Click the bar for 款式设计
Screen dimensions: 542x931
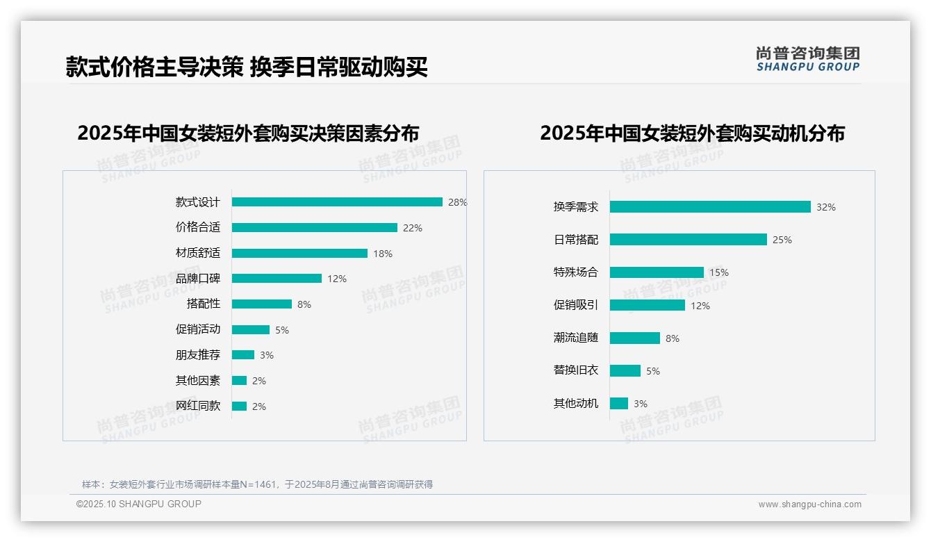(x=337, y=202)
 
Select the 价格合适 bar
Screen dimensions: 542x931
(x=314, y=228)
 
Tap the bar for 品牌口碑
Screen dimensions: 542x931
(x=277, y=279)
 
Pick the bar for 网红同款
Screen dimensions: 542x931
(x=239, y=406)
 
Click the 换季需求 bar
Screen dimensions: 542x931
(x=710, y=207)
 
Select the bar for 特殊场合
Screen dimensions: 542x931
(x=657, y=272)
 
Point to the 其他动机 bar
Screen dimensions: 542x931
(x=619, y=404)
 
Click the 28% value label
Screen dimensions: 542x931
(x=457, y=202)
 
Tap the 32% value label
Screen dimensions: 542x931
(x=826, y=207)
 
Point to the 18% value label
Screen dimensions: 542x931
(x=383, y=254)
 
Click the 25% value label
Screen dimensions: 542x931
(x=782, y=240)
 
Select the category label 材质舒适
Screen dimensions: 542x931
(x=197, y=253)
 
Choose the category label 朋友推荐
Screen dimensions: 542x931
(x=197, y=355)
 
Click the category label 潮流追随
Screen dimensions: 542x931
(x=575, y=338)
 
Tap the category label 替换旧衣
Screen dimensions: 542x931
(x=575, y=370)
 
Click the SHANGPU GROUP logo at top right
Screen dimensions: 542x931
(x=807, y=59)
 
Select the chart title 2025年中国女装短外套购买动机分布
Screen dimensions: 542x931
(x=692, y=133)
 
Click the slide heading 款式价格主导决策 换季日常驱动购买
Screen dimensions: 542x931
(x=247, y=67)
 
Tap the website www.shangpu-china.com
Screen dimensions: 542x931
(x=809, y=504)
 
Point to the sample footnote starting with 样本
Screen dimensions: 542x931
(x=257, y=484)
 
